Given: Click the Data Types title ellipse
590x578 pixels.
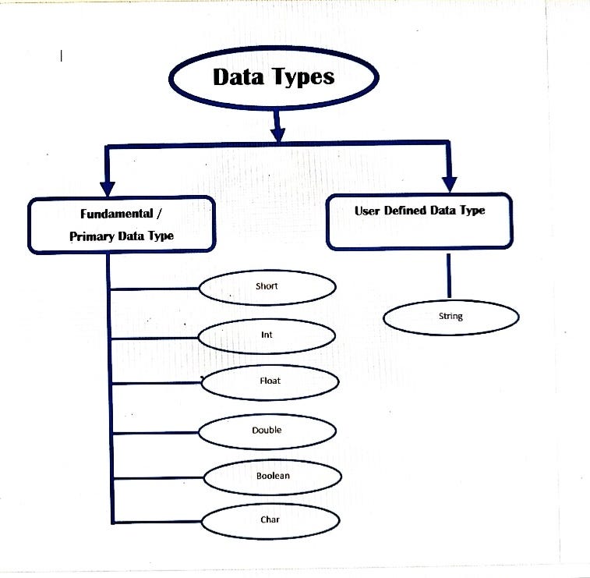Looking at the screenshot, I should [274, 77].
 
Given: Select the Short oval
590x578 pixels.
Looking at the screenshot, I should [267, 286].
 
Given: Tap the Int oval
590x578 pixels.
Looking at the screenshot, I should [267, 335].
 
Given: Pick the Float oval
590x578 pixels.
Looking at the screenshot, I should [270, 382].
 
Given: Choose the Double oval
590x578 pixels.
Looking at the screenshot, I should [267, 431].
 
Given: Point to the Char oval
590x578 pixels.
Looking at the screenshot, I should [270, 520].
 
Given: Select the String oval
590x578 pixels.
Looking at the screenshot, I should [450, 317].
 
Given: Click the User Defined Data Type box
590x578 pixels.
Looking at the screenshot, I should [419, 222].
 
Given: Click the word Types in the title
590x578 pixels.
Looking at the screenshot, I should [306, 77].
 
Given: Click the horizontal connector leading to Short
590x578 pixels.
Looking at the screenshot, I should [156, 289].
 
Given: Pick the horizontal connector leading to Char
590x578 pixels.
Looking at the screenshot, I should [156, 521].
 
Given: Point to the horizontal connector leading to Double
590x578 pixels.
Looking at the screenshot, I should [156, 432].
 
